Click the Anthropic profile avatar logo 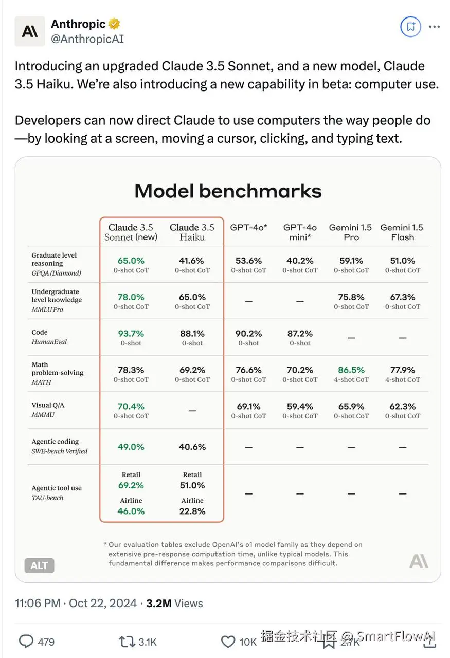click(29, 31)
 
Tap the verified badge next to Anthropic click(114, 24)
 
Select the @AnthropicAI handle click(87, 39)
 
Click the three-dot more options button click(435, 27)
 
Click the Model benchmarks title click(228, 191)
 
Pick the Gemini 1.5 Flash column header click(402, 232)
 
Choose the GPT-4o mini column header click(300, 232)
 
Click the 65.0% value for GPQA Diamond click(131, 261)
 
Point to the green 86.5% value click(351, 370)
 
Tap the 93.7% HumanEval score click(131, 333)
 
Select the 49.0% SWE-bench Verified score click(131, 447)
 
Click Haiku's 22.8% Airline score click(192, 511)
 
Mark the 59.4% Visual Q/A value click(300, 406)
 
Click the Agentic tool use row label click(57, 488)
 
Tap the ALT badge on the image click(39, 565)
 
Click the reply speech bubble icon click(26, 641)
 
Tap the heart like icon click(228, 641)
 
